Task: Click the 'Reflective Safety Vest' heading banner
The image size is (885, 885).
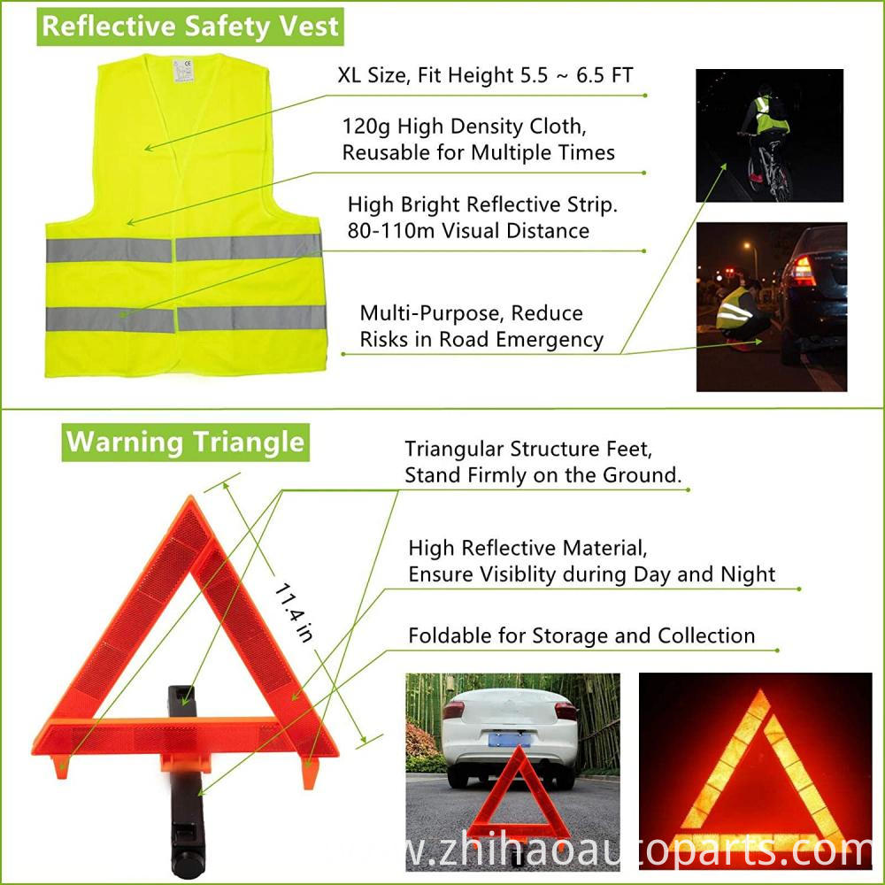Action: coord(190,26)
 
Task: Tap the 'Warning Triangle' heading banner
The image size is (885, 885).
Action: coord(186,441)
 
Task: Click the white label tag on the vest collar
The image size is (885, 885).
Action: coord(184,70)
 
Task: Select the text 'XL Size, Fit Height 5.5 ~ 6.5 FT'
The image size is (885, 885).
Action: coord(485,74)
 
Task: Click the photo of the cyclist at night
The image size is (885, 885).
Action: coord(769,135)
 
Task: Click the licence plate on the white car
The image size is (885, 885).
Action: coord(508,737)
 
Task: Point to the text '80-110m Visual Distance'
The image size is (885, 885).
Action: coord(468,231)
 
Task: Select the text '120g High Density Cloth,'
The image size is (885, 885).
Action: coord(456,126)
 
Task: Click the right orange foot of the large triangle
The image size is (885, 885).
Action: coord(309,772)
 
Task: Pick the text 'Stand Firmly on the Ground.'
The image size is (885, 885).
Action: coord(543,474)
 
